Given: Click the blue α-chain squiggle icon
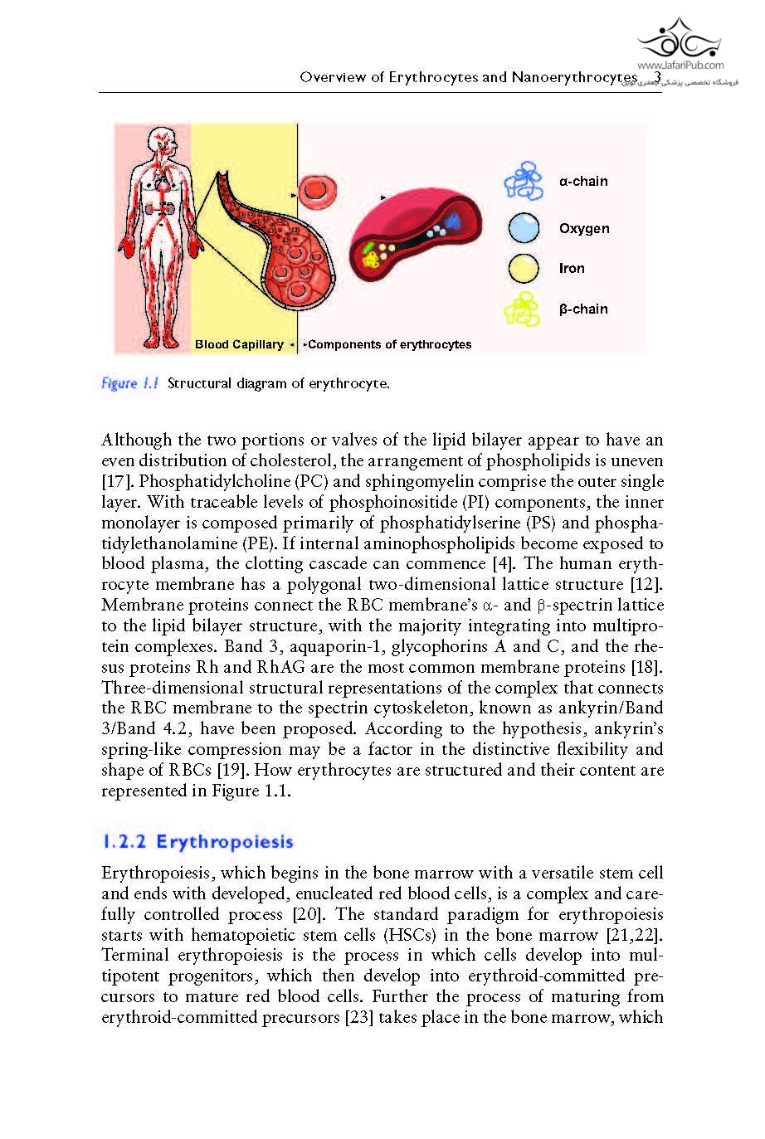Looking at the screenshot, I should click(524, 181).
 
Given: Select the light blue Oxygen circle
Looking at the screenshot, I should click(524, 228).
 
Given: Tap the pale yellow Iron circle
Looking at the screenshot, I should click(524, 268).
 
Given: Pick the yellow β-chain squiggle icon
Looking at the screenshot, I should click(523, 309).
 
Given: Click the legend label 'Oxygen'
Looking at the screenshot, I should click(584, 228).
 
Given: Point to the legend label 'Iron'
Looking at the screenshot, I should click(572, 268).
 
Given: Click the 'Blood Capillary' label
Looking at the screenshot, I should click(239, 344).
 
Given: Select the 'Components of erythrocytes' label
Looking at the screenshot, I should click(389, 344).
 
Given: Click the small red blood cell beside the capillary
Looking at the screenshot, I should click(314, 189).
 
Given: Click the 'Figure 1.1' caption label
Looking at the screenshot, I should click(129, 383).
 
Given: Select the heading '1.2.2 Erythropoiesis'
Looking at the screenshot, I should click(197, 842).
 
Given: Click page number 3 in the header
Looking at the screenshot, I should click(657, 77).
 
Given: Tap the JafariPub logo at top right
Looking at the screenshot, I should click(680, 41).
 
